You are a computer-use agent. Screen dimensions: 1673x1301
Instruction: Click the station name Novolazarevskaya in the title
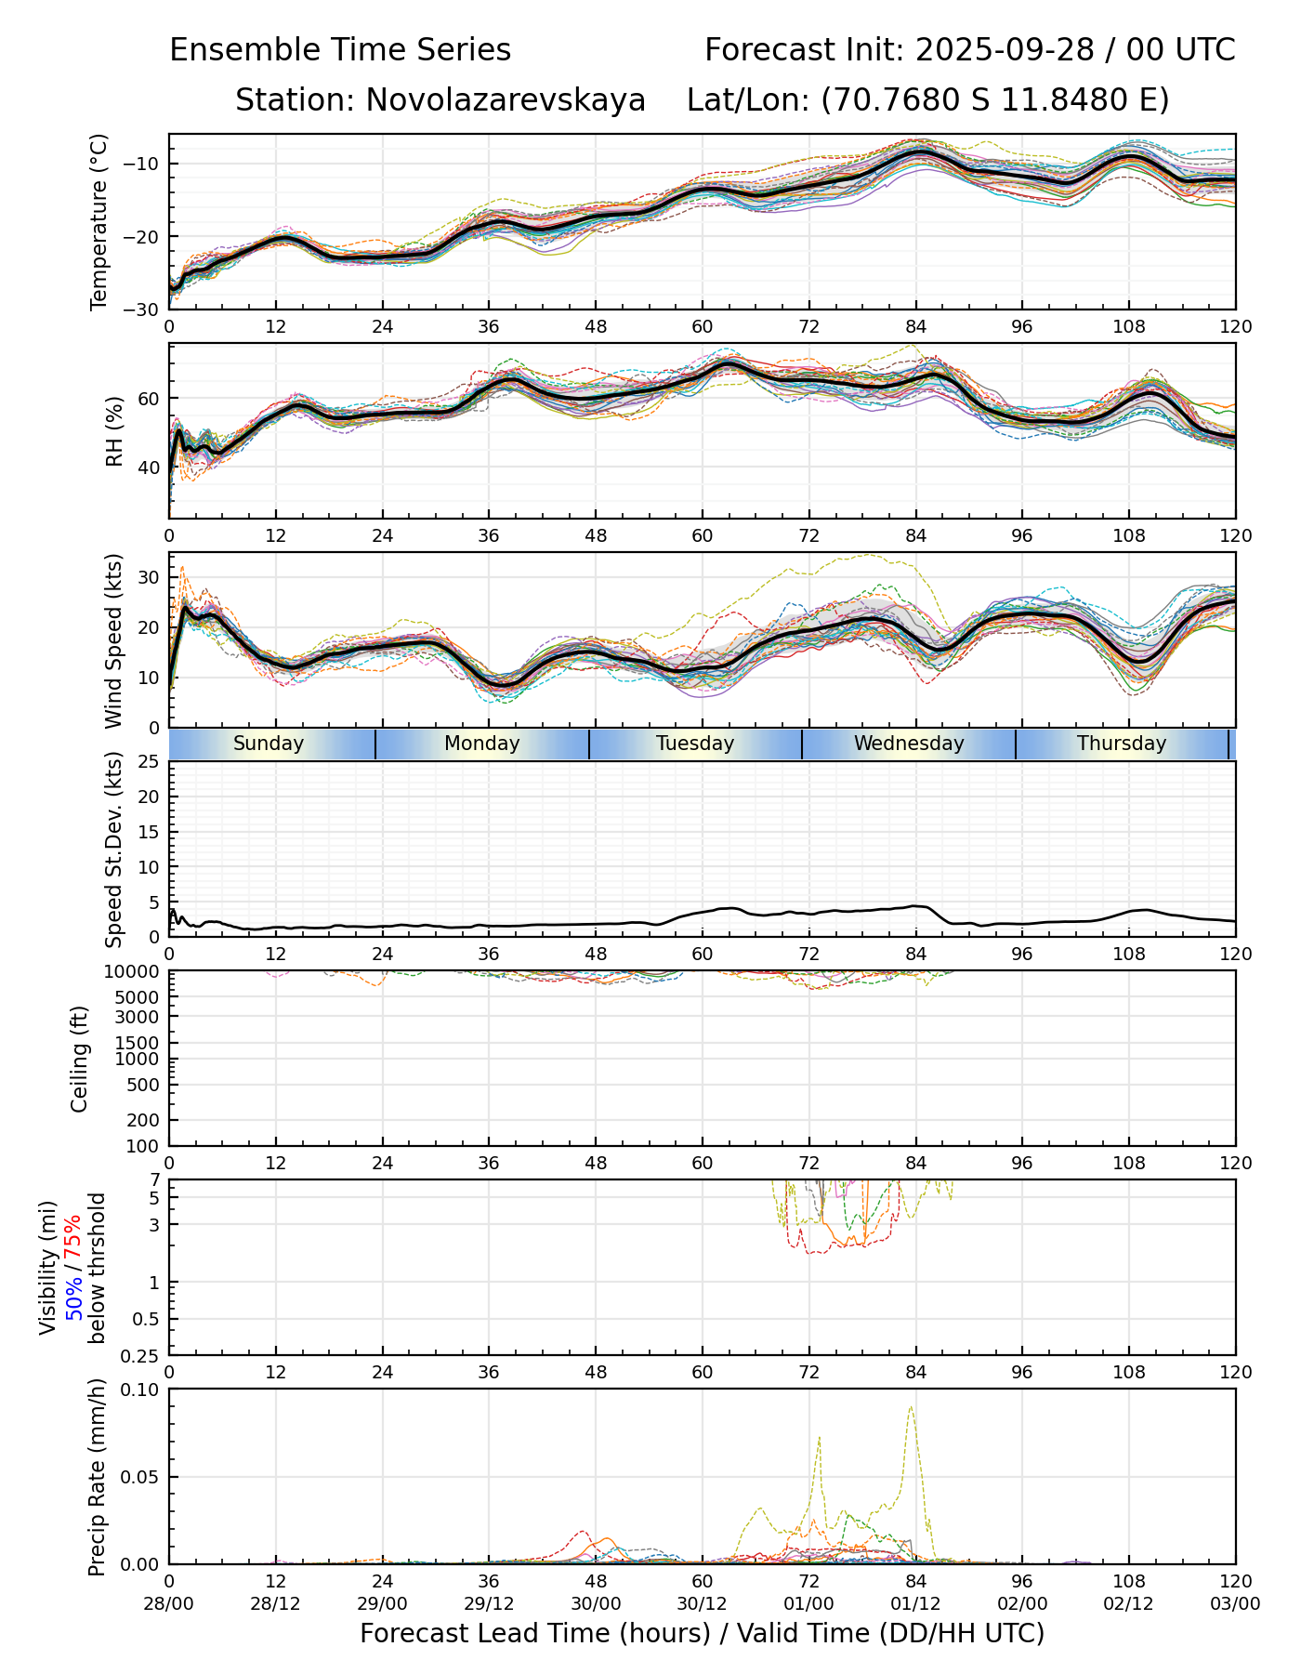coord(506,99)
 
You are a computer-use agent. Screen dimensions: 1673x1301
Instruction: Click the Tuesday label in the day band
coord(695,744)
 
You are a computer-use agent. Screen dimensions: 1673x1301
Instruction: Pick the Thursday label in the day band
coord(1122,744)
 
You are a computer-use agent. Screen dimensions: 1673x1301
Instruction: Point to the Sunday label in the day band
coord(269,744)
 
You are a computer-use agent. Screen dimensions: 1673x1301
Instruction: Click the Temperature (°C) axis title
coord(99,221)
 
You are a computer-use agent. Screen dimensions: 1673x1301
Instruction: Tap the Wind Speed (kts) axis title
coord(113,640)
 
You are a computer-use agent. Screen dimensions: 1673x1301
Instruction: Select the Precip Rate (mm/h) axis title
coord(97,1476)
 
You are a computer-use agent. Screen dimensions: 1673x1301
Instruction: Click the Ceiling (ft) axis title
coord(80,1059)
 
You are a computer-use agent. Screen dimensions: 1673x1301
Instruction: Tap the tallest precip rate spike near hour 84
coord(911,1407)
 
